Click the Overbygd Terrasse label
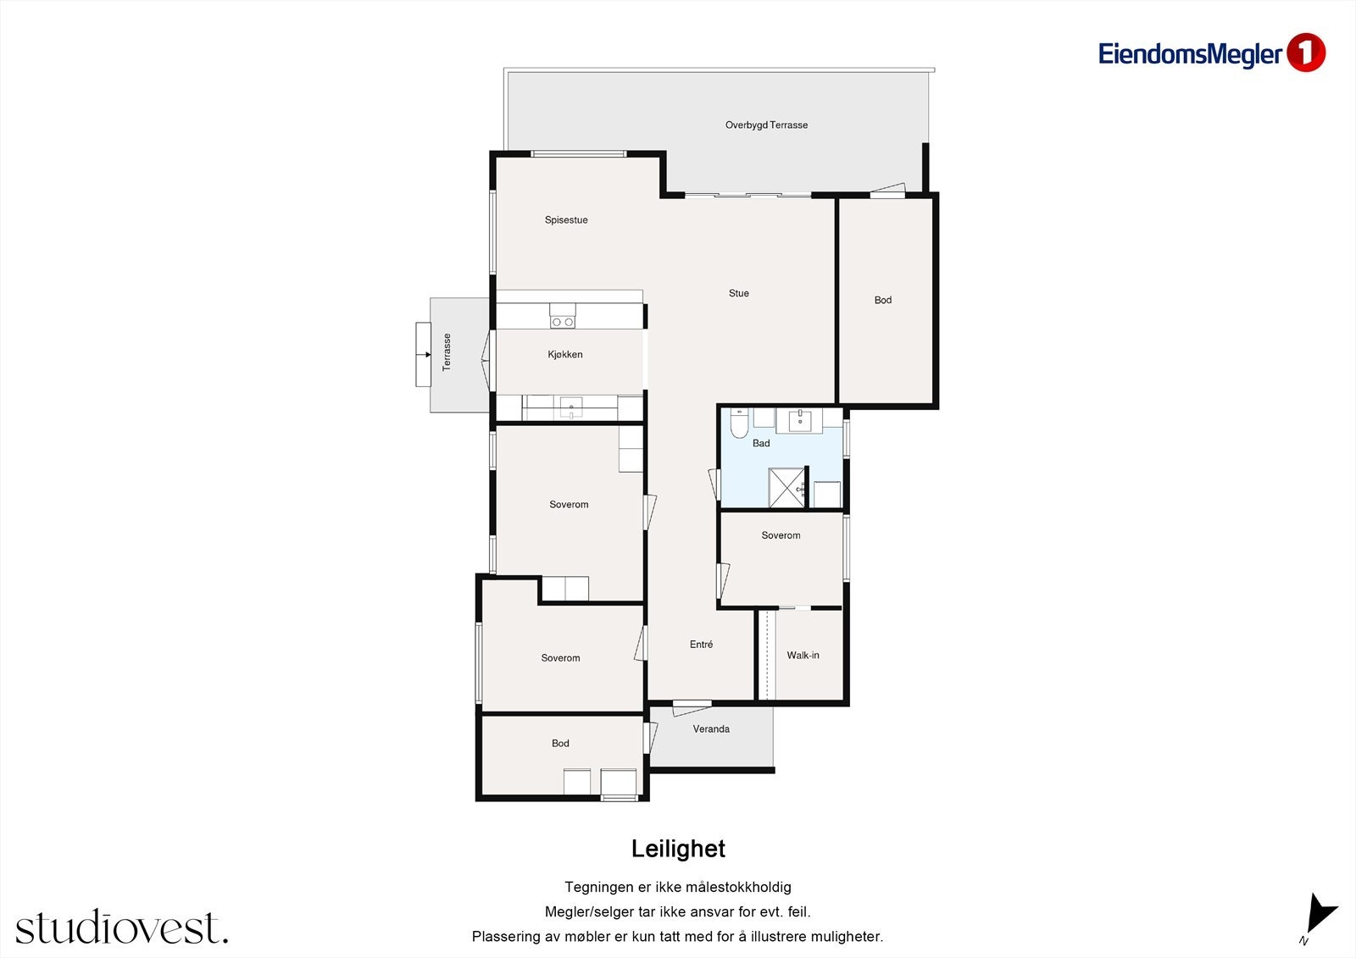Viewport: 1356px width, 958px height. tap(766, 125)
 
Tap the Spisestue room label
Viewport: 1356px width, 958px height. tap(566, 220)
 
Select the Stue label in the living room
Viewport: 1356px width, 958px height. tap(738, 293)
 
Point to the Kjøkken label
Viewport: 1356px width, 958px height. tap(564, 354)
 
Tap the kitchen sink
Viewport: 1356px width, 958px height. tap(571, 407)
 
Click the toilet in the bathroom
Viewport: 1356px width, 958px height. tap(738, 423)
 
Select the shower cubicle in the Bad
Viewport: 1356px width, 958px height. tap(787, 487)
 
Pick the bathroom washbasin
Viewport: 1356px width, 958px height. tap(800, 420)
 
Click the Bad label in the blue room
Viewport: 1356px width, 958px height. tap(761, 443)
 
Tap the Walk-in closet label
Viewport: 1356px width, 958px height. tap(803, 655)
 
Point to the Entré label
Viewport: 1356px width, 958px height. tap(701, 645)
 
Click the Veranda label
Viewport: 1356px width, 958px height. tap(711, 728)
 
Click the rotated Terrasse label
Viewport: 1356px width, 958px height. tap(447, 352)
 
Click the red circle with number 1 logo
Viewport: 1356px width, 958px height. tap(1306, 53)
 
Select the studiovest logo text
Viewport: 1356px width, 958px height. tap(122, 927)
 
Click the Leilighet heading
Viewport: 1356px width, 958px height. tap(678, 849)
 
